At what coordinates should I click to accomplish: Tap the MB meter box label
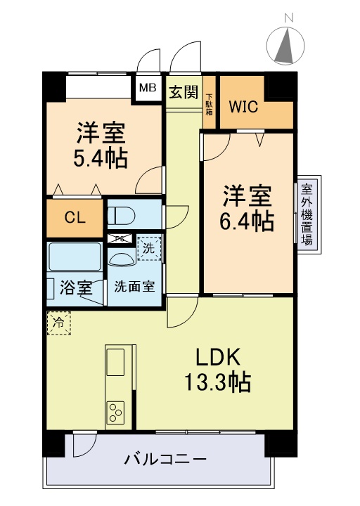click(147, 89)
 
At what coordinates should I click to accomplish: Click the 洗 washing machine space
click(148, 247)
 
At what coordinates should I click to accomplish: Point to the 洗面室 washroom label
click(136, 287)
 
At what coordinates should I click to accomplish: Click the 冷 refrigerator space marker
click(58, 323)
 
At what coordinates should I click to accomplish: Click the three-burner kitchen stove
click(115, 412)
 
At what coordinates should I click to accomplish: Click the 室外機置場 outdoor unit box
click(307, 214)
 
